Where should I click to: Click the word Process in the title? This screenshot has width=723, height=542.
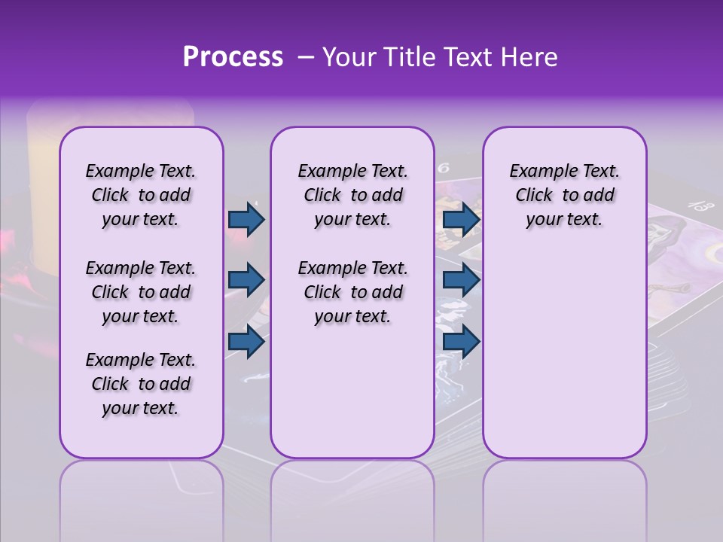tap(232, 57)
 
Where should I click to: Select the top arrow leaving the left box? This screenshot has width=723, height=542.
tap(246, 219)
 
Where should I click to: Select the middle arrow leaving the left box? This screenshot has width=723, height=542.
tap(246, 280)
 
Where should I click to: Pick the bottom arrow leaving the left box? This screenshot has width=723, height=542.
tap(246, 341)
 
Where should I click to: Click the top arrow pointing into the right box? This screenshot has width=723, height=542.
tap(461, 219)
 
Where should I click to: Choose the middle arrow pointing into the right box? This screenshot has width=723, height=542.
tap(461, 280)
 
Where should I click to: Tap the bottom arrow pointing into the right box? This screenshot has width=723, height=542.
tap(461, 341)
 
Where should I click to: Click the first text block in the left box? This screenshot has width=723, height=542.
tap(141, 195)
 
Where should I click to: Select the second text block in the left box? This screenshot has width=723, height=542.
tap(141, 292)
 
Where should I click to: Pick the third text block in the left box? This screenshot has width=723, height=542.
tap(141, 384)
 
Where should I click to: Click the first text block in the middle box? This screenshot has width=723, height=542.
tap(352, 195)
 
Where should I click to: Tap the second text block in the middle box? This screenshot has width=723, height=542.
tap(352, 292)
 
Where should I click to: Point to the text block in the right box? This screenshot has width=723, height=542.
tap(564, 195)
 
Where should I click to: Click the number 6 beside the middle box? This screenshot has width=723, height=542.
tap(444, 169)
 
